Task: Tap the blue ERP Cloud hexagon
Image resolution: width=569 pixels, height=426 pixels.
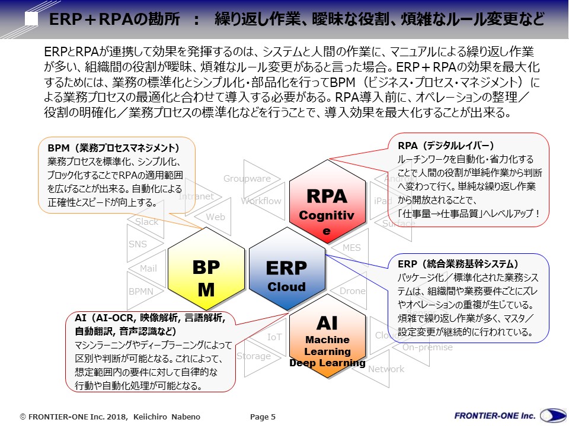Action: click(x=286, y=276)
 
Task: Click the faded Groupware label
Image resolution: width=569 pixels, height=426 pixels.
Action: click(x=247, y=179)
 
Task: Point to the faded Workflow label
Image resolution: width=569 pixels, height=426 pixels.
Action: click(x=261, y=201)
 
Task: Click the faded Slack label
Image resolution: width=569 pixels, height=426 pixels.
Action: click(x=147, y=222)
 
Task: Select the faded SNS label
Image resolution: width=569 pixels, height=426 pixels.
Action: click(x=138, y=244)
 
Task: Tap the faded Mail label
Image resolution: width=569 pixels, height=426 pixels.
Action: click(x=148, y=269)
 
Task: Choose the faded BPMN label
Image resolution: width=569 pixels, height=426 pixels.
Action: click(x=140, y=291)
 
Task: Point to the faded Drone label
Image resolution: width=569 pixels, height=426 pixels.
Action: click(x=353, y=291)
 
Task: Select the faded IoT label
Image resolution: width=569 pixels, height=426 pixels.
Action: click(x=274, y=337)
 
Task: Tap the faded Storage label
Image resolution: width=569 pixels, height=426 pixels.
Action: click(x=254, y=356)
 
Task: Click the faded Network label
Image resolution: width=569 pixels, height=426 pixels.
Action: click(x=386, y=369)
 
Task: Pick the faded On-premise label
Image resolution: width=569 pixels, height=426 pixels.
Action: click(x=427, y=347)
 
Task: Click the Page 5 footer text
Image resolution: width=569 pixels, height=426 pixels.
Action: click(x=263, y=417)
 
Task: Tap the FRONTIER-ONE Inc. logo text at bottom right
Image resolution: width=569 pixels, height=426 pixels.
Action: click(x=494, y=416)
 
